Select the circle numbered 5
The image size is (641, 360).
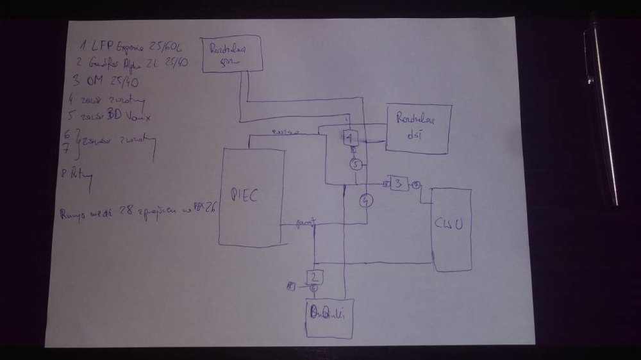[x=356, y=165]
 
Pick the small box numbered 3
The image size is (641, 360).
[x=398, y=184]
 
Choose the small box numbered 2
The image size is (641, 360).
[x=314, y=277]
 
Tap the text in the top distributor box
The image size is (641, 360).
[x=230, y=52]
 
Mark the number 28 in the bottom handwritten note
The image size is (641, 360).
[x=120, y=212]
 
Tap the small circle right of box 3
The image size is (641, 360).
[x=416, y=185]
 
